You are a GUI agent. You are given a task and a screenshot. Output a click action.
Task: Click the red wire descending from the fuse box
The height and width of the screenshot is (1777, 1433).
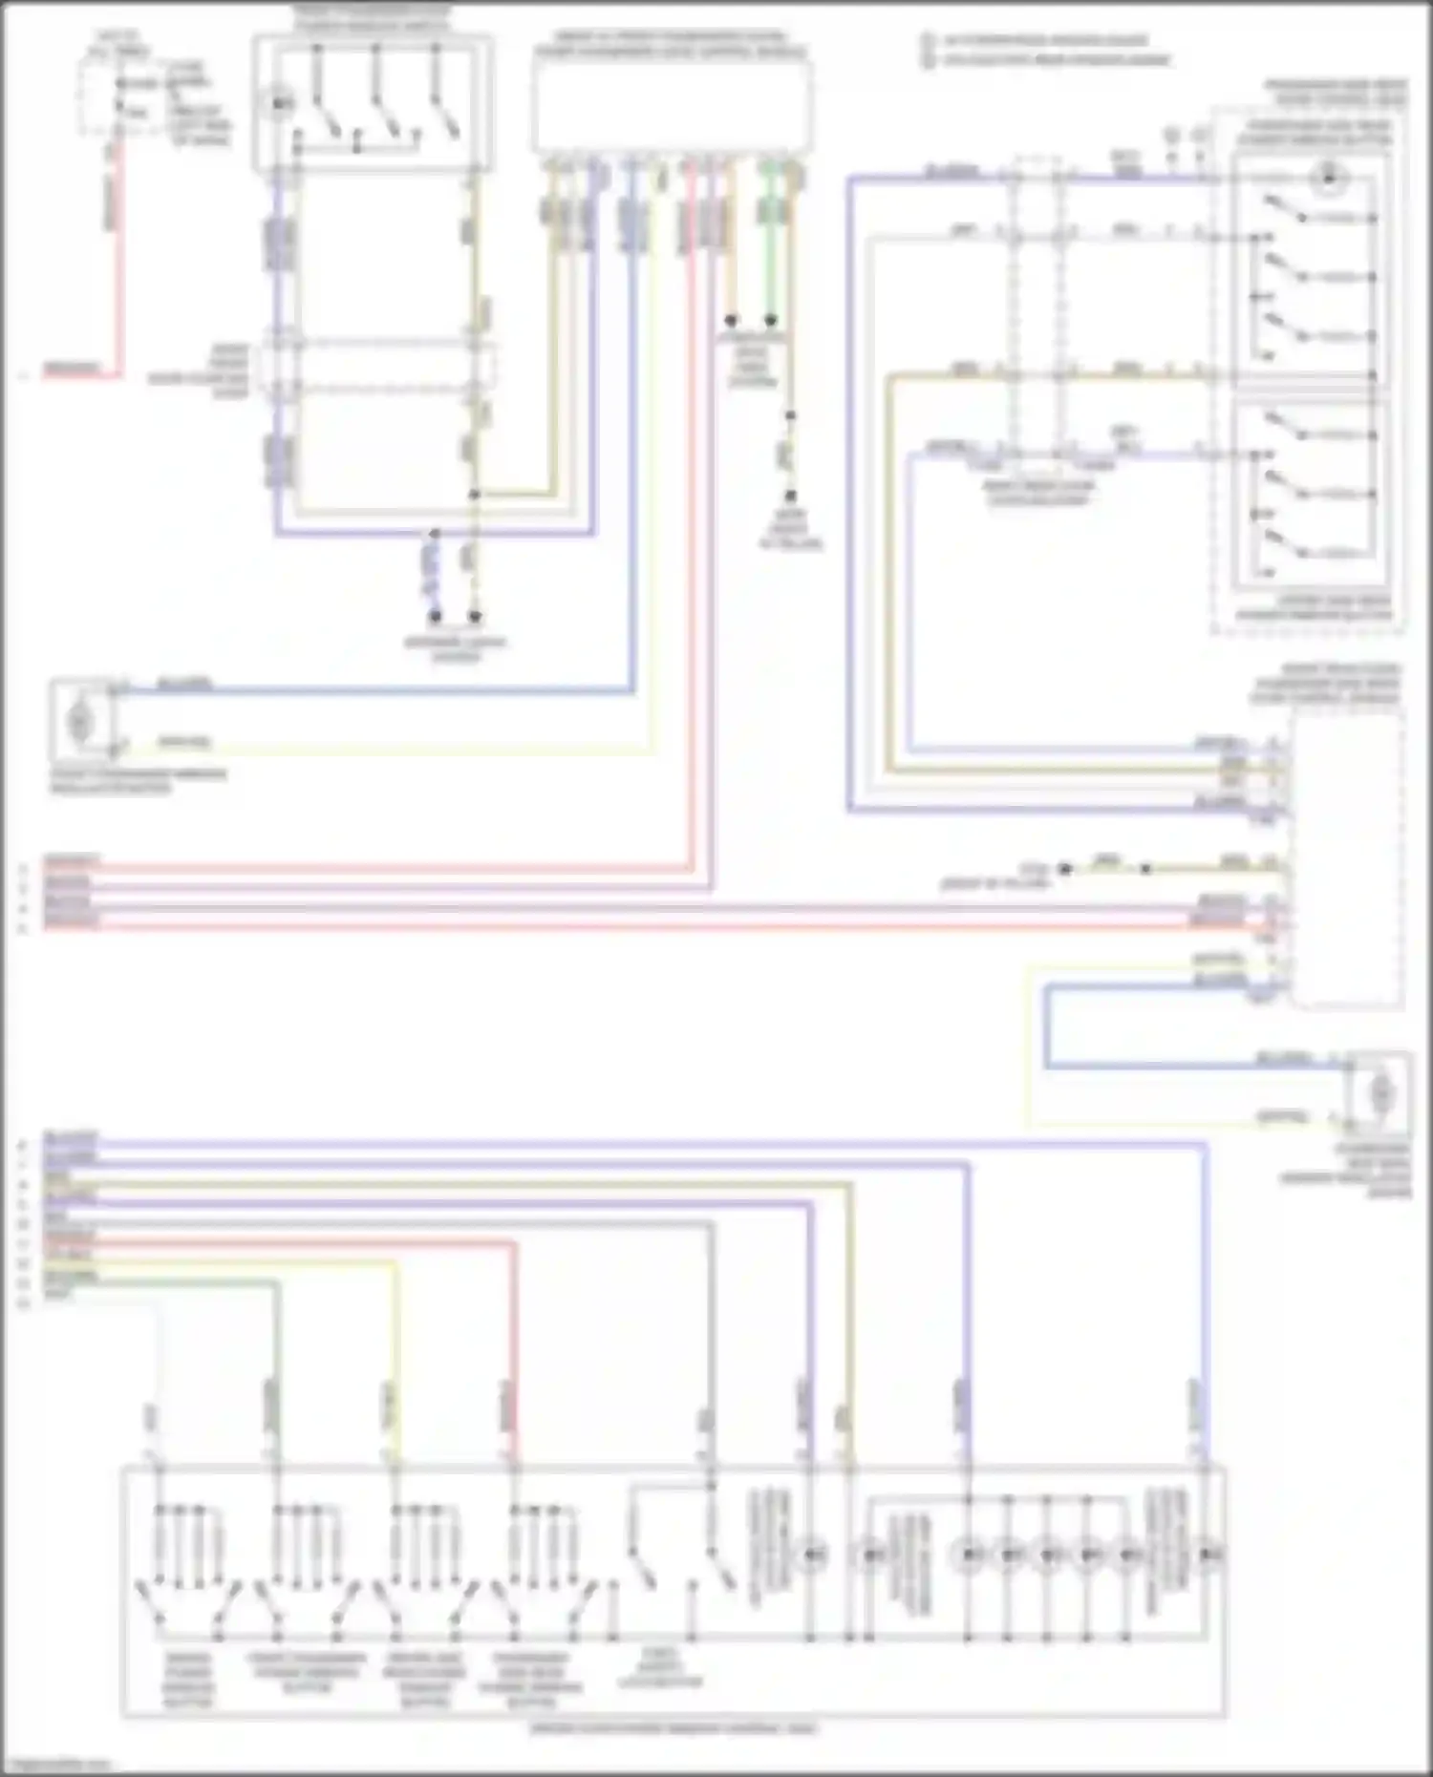tap(118, 267)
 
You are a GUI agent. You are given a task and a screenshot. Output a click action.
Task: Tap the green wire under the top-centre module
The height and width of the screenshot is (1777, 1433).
tap(769, 258)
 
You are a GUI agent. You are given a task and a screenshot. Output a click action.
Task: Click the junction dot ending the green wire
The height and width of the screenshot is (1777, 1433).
tap(770, 321)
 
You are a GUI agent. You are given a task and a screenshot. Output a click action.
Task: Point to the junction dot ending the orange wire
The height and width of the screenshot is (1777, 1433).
tap(731, 321)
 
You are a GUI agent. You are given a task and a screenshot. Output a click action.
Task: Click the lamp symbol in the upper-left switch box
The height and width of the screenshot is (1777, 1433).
tap(278, 103)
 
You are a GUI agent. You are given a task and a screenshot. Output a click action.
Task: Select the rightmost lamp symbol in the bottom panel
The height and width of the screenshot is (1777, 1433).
tap(1208, 1555)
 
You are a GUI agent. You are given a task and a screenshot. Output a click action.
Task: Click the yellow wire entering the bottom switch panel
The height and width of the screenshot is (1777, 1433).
tap(395, 1356)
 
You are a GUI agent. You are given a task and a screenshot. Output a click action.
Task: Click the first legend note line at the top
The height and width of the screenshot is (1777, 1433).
tap(1041, 41)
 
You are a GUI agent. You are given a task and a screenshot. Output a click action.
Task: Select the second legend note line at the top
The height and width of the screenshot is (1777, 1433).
tap(1051, 60)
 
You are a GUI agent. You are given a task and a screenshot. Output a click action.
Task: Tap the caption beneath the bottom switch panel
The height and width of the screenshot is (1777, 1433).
tap(673, 1727)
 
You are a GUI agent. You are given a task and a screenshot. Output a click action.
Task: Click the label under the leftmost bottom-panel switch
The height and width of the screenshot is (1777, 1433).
tap(188, 1680)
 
